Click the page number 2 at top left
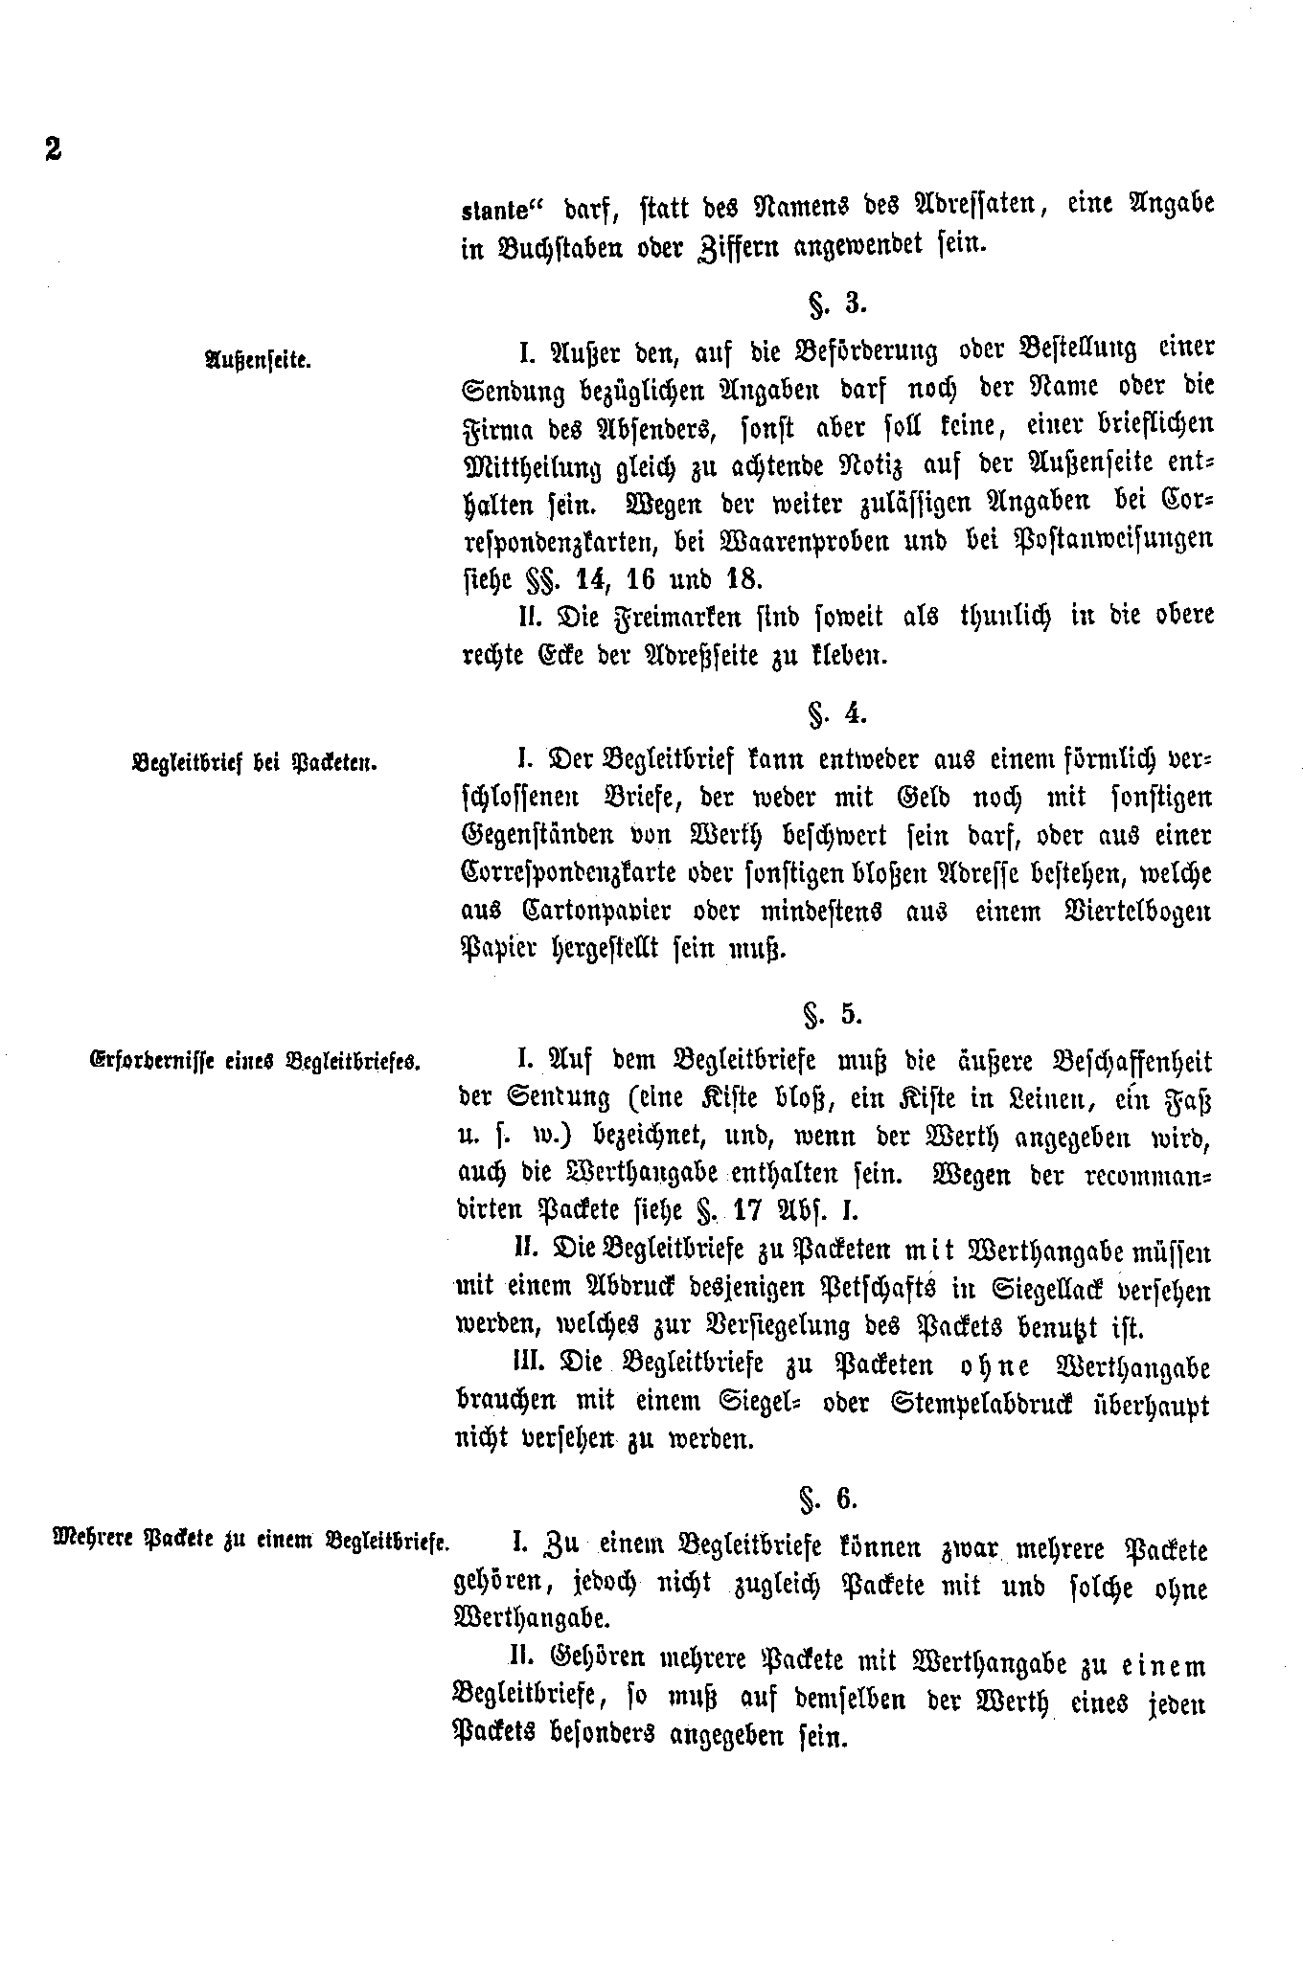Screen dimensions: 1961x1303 point(52,150)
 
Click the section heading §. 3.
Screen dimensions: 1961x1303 point(836,304)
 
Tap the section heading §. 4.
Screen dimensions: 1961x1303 point(836,714)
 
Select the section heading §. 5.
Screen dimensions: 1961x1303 point(836,1014)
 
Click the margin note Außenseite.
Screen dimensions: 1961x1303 point(257,361)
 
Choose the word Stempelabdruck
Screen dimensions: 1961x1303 point(988,1404)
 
